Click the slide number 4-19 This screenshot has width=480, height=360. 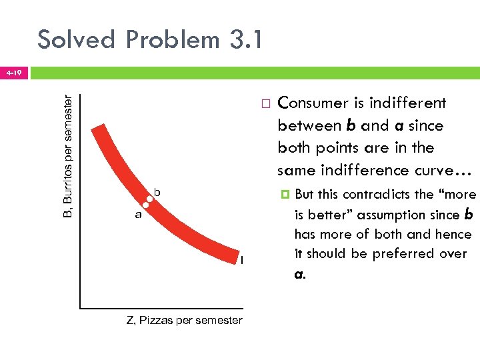click(13, 71)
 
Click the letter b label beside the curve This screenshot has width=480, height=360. click(157, 192)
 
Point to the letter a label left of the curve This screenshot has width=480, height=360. click(138, 215)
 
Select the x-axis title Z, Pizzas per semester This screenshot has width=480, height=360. click(185, 321)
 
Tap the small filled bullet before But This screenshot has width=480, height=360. click(285, 195)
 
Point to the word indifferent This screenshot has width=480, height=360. click(407, 103)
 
